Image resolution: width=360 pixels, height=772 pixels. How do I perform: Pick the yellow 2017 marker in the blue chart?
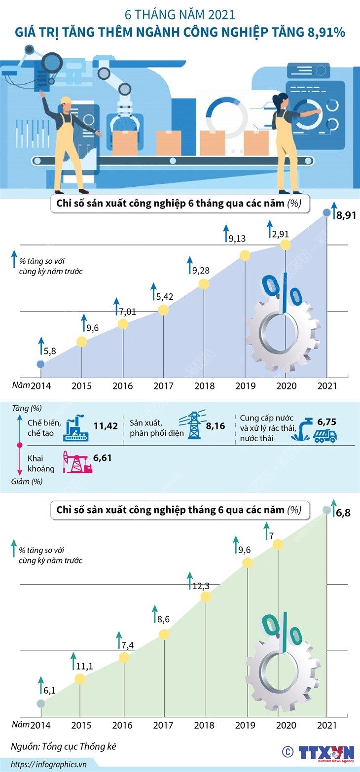pos(164,310)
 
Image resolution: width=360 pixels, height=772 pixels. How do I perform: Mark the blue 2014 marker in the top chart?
pos(40,364)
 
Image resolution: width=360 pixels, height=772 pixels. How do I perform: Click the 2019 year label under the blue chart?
pos(246,386)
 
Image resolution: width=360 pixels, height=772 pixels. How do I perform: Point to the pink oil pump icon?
pos(77,462)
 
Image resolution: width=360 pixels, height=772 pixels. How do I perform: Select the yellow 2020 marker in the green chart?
pos(278,544)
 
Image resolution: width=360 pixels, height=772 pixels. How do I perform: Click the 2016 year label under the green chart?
pos(122,726)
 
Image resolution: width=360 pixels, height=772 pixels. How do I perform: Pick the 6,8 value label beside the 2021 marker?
pos(343,513)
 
